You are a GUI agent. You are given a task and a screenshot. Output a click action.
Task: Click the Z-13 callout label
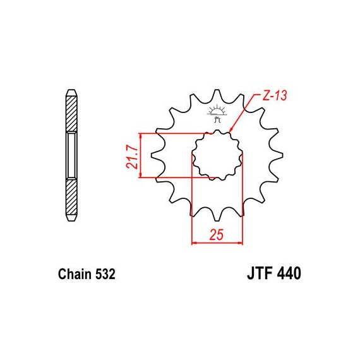click(x=275, y=95)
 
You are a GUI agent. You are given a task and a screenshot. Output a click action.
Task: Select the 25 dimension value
click(x=216, y=234)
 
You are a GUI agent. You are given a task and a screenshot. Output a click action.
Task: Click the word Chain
click(x=75, y=274)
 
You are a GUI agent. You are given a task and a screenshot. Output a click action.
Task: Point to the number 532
click(x=105, y=274)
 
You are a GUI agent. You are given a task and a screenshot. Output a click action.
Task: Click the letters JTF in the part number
click(x=260, y=273)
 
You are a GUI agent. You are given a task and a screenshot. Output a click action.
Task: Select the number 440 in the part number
click(x=289, y=273)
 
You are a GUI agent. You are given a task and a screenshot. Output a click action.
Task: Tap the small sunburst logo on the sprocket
click(x=217, y=114)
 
